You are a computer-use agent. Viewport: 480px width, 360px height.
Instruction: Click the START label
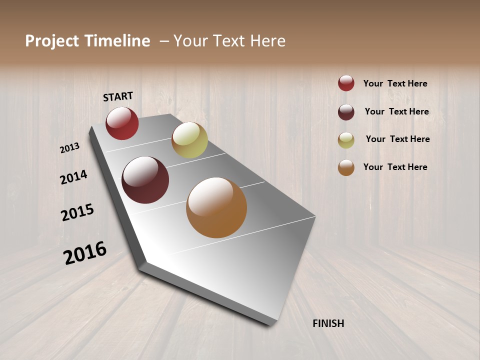(118, 96)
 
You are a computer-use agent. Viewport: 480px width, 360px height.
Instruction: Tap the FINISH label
(328, 323)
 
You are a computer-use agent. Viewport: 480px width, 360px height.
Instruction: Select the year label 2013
(70, 148)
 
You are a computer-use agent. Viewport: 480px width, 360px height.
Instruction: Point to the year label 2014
(73, 177)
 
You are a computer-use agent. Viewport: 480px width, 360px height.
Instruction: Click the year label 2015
(77, 212)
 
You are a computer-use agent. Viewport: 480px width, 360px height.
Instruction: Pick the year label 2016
(85, 252)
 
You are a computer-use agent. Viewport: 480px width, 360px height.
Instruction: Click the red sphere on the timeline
(122, 123)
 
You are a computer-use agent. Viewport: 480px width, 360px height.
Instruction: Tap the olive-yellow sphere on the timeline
(189, 140)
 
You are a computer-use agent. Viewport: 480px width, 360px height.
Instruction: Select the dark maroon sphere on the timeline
(145, 180)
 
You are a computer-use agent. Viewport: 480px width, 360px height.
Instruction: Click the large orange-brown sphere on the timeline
(216, 207)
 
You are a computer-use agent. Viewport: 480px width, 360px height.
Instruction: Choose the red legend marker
(346, 83)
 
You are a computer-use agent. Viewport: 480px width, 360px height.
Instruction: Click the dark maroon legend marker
(346, 112)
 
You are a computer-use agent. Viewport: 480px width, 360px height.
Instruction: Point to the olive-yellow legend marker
(346, 140)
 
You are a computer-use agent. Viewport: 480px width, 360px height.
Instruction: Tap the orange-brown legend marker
(346, 167)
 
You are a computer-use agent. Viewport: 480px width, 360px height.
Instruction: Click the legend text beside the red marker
(395, 84)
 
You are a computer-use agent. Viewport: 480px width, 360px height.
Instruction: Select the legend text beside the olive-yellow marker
(397, 139)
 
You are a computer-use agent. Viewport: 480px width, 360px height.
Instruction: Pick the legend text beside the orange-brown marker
(395, 167)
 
